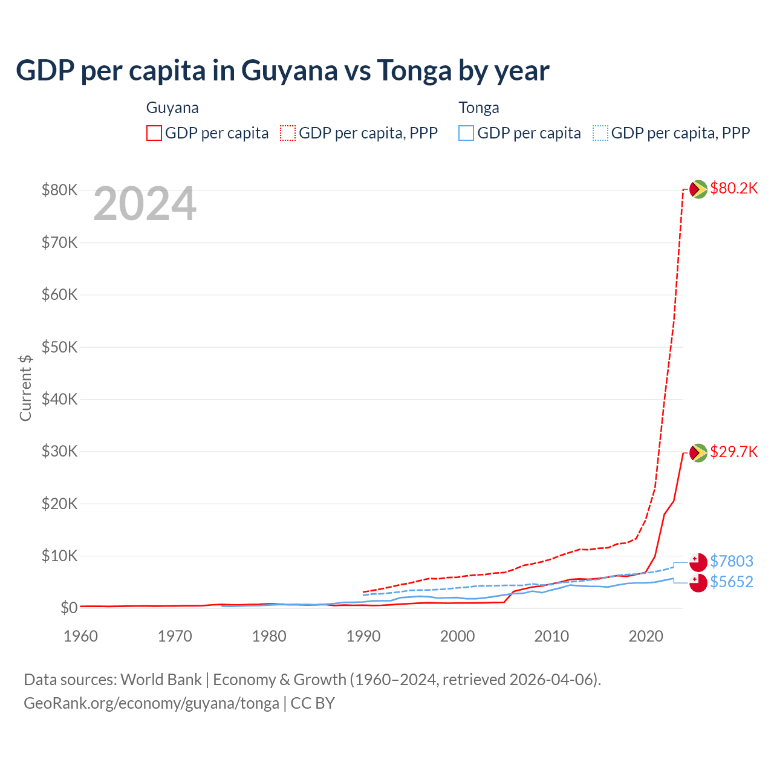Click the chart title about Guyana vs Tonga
tap(282, 71)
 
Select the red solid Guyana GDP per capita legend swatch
tap(154, 133)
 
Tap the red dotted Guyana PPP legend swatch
tap(288, 133)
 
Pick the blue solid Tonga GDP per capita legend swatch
tap(466, 133)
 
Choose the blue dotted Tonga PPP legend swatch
tap(600, 133)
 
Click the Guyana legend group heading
tap(172, 108)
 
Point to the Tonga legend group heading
tap(479, 108)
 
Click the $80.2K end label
tap(733, 188)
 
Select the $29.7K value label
tap(733, 452)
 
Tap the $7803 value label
tap(731, 561)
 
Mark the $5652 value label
tap(731, 582)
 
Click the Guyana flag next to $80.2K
tap(698, 189)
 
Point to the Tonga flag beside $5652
tap(698, 583)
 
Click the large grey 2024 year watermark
tap(145, 204)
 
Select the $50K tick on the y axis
tap(59, 347)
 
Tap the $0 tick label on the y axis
tap(69, 608)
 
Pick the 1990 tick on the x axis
tap(363, 636)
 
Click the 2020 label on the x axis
tap(646, 636)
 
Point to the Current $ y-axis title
tap(25, 388)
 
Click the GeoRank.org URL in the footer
tap(151, 703)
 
